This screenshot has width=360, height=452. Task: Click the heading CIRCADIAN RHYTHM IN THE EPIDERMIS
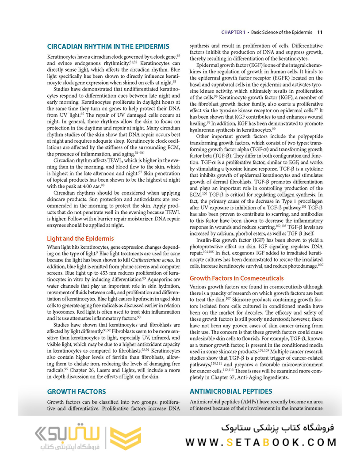tap(108, 46)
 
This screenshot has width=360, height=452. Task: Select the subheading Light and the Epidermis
tap(80, 238)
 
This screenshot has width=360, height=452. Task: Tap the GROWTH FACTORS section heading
tap(77, 391)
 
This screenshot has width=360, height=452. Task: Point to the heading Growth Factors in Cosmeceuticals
tap(237, 278)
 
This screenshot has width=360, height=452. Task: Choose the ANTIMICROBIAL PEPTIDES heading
tap(231, 391)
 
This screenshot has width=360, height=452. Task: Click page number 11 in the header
tap(320, 32)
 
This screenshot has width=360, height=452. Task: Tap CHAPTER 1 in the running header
tap(234, 32)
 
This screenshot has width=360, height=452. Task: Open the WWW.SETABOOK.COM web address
tap(261, 442)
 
